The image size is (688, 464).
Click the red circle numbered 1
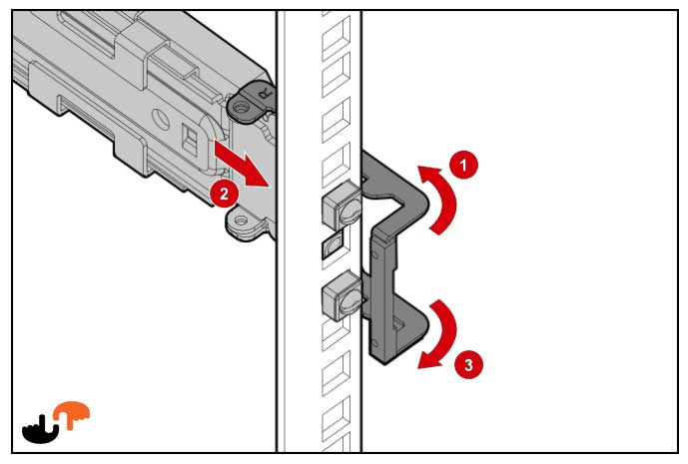463,165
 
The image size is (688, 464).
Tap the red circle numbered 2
224,194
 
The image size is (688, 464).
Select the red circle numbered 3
468,364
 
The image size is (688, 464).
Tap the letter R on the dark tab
265,94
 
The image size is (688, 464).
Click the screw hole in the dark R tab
240,107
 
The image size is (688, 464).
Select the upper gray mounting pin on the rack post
342,205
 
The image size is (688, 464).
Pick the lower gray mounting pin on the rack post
342,295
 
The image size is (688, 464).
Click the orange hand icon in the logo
72,414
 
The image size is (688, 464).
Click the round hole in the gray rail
161,120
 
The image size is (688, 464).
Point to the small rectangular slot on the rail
189,139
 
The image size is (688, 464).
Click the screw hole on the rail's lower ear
240,221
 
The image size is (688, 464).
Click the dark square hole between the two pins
333,246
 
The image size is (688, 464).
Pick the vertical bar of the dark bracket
380,289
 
